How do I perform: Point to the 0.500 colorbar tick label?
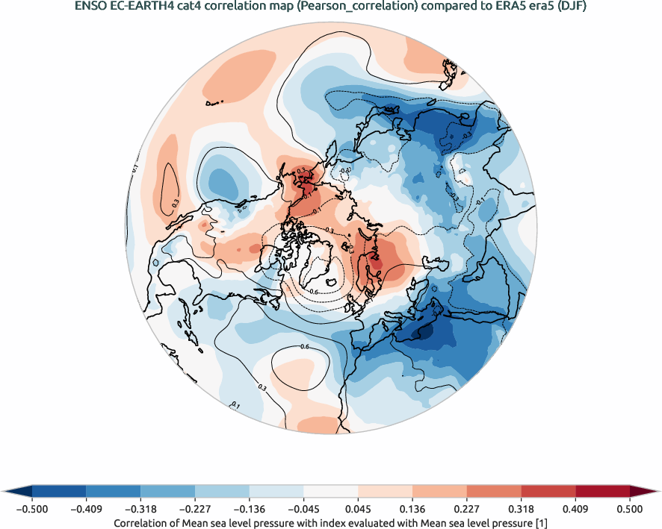click(630, 509)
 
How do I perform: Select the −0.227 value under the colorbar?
click(195, 509)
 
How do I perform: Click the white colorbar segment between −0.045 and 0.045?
click(331, 492)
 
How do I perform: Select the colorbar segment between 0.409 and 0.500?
click(602, 492)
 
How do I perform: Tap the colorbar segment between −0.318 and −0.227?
click(168, 492)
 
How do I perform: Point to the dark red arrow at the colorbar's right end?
click(644, 492)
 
